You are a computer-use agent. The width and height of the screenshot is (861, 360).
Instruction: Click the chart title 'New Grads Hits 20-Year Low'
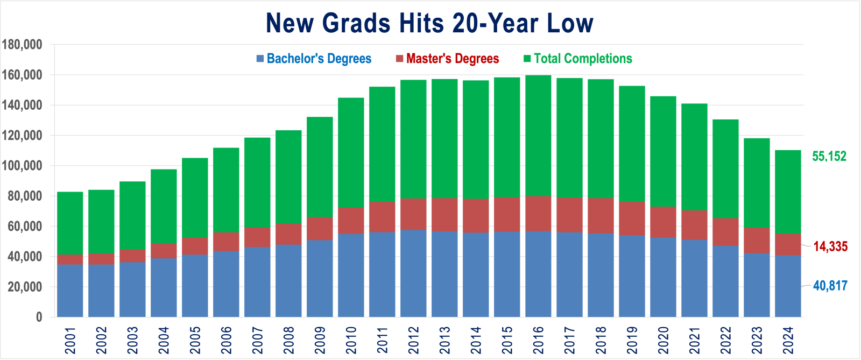tap(429, 23)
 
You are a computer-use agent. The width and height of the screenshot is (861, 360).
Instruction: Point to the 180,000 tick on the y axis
tap(22, 45)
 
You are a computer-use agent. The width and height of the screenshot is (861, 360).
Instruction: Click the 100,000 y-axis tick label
tap(22, 166)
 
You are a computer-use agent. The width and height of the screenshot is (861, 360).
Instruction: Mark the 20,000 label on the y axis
tap(25, 287)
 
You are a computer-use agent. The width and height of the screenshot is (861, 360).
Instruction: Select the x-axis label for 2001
tap(70, 340)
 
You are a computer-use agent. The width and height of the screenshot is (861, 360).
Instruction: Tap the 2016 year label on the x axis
tap(538, 340)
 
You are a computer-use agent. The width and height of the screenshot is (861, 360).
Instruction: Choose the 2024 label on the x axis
tap(788, 340)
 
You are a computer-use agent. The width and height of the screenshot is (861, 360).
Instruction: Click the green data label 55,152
tap(829, 157)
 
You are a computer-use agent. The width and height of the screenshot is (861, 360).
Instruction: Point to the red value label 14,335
tap(830, 246)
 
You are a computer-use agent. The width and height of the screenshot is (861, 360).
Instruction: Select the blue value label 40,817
tap(830, 286)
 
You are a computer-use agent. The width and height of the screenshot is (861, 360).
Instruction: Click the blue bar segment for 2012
tap(413, 273)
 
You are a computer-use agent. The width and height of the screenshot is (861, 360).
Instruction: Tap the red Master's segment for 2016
tap(538, 213)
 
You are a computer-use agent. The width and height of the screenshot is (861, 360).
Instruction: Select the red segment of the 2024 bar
tap(788, 244)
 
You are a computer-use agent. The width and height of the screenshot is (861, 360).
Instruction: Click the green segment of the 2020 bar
tap(663, 151)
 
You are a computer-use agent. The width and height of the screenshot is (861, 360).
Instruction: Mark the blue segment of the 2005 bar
tap(195, 285)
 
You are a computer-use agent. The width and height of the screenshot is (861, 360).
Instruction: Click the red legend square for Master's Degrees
tap(400, 58)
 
